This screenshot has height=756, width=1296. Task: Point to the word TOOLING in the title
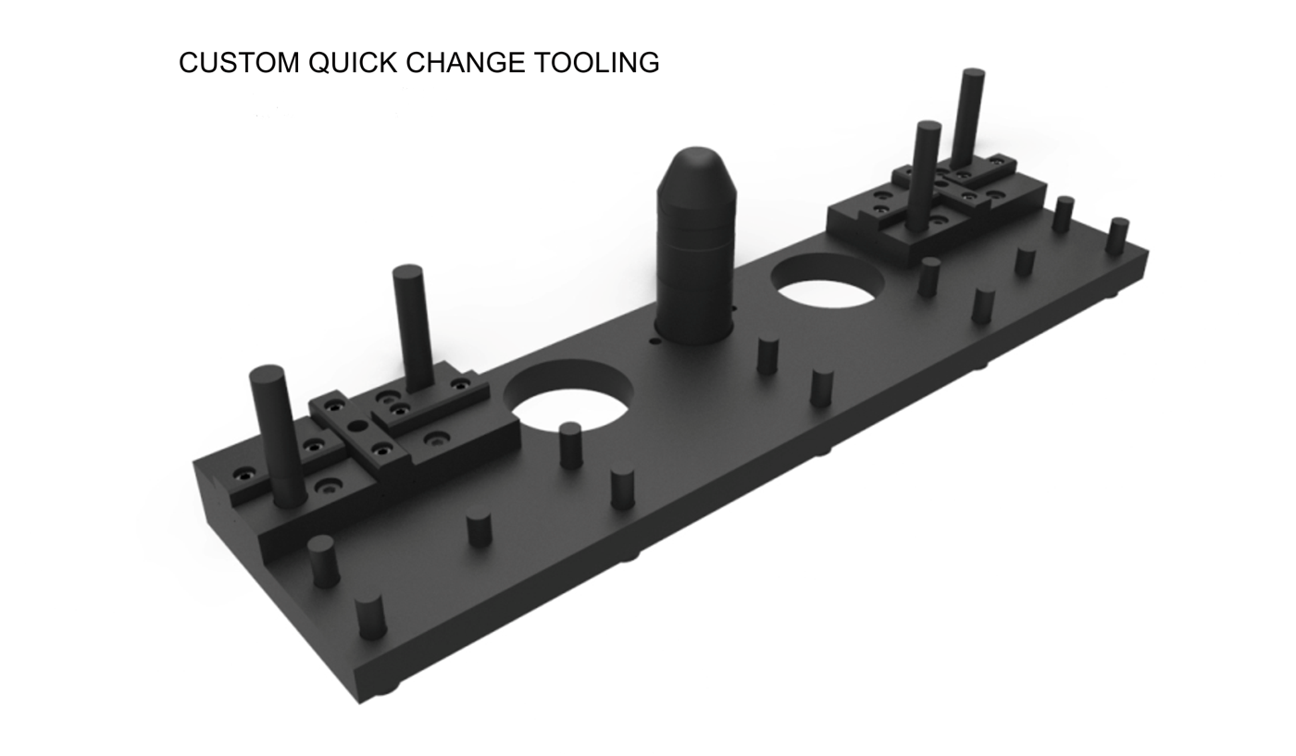pyautogui.click(x=596, y=63)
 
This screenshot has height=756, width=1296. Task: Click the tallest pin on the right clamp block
pyautogui.click(x=968, y=116)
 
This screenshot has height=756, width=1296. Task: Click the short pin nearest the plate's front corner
pyautogui.click(x=370, y=617)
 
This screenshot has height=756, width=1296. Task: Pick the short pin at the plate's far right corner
pyautogui.click(x=1117, y=236)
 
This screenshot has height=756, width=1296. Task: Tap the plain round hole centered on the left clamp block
pyautogui.click(x=357, y=427)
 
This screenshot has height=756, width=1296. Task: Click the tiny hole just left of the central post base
pyautogui.click(x=655, y=341)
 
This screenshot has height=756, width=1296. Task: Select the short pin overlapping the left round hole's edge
pyautogui.click(x=571, y=444)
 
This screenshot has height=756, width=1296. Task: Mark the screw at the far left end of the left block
pyautogui.click(x=243, y=475)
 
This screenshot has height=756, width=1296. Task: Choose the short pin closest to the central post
pyautogui.click(x=767, y=355)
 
